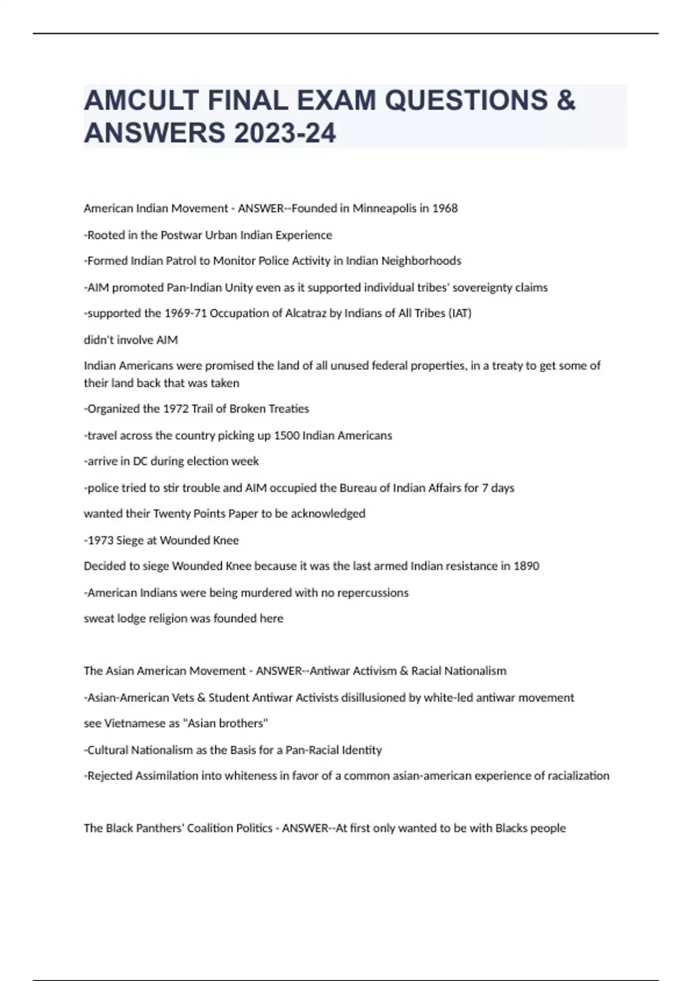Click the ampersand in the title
click(566, 100)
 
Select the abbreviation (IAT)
click(460, 313)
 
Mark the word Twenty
click(171, 514)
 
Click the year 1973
click(100, 540)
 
